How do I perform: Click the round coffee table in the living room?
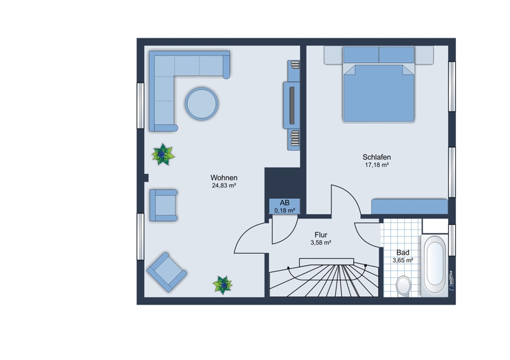201,104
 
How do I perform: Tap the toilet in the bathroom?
404,286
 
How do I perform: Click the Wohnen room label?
224,178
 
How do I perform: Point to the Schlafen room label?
377,157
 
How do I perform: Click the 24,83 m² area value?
224,185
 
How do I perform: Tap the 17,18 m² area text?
377,165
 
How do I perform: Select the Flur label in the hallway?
321,235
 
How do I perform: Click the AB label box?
284,206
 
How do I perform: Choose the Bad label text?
403,253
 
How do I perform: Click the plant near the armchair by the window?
163,154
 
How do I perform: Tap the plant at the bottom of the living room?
222,285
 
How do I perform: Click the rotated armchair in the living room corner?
166,272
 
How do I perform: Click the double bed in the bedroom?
379,85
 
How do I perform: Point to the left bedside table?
333,55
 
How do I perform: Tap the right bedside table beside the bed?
424,55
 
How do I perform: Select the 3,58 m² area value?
321,243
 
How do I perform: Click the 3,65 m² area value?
403,261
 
